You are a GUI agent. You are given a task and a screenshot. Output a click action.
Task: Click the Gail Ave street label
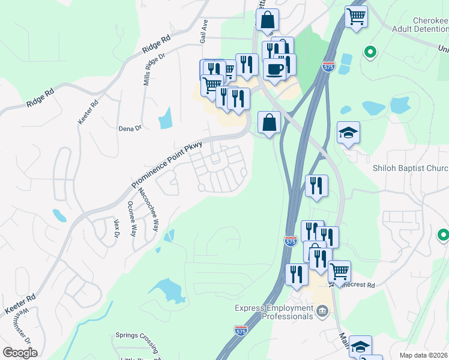(x=204, y=31)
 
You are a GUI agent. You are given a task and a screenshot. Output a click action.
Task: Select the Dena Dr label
(x=130, y=128)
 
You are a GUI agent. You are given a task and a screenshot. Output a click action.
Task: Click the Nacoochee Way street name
(x=148, y=210)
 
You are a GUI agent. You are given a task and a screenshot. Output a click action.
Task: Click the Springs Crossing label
(x=136, y=335)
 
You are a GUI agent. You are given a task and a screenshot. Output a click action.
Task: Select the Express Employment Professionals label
(x=274, y=312)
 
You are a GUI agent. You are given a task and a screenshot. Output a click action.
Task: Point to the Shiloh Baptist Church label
(x=411, y=168)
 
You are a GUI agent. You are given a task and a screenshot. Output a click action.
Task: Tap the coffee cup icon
(x=274, y=69)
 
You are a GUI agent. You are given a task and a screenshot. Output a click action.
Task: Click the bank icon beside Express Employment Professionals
(x=323, y=310)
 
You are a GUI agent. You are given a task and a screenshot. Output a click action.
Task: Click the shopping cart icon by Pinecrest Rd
(x=340, y=271)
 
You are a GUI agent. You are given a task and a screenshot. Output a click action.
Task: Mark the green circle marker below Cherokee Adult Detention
(x=370, y=52)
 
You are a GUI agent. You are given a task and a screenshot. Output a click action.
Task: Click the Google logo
(x=20, y=353)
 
